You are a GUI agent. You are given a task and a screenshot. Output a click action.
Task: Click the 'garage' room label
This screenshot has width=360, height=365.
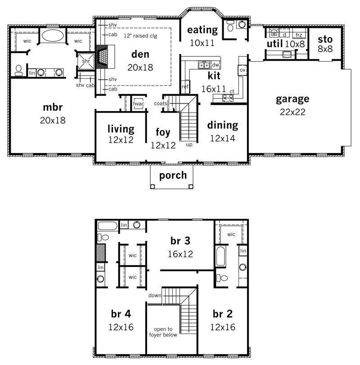pyautogui.click(x=292, y=99)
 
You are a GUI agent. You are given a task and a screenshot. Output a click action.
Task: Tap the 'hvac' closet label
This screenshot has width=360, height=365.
pyautogui.click(x=139, y=104)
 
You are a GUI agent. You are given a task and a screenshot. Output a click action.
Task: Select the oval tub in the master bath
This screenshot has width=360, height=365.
pyautogui.click(x=53, y=36)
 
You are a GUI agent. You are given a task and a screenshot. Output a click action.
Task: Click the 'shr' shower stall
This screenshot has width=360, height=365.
pyautogui.click(x=86, y=61)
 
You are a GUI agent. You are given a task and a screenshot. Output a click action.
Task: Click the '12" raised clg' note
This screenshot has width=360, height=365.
pyautogui.click(x=140, y=36)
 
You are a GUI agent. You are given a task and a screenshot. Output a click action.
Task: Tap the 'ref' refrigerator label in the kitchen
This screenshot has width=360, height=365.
pyautogui.click(x=185, y=86)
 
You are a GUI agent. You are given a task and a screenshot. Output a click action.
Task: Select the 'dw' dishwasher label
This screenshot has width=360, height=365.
pyautogui.click(x=216, y=65)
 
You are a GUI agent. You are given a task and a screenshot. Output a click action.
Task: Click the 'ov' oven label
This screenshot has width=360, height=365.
pyautogui.click(x=243, y=70)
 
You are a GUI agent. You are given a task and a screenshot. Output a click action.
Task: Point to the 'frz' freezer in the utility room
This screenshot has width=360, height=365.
pyautogui.click(x=299, y=35)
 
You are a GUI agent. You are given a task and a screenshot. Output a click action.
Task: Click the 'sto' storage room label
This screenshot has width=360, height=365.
pyautogui.click(x=325, y=40)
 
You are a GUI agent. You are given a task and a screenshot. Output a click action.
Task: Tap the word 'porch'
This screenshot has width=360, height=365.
pyautogui.click(x=173, y=176)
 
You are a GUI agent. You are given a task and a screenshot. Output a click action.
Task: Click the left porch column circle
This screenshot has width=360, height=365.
pyautogui.click(x=153, y=186)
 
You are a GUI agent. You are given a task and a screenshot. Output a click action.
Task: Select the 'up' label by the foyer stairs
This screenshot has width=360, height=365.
pyautogui.click(x=189, y=145)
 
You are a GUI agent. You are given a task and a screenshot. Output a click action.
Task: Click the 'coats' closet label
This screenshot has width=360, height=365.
pyautogui.click(x=161, y=104)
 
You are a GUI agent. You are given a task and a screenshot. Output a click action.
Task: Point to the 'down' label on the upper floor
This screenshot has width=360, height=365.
pyautogui.click(x=155, y=295)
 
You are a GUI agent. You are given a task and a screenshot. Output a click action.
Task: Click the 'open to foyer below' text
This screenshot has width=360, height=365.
pyautogui.click(x=163, y=332)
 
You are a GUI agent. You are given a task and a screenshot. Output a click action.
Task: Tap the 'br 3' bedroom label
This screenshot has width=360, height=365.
pyautogui.click(x=180, y=241)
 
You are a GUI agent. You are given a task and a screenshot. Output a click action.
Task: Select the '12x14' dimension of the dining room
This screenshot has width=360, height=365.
pyautogui.click(x=223, y=139)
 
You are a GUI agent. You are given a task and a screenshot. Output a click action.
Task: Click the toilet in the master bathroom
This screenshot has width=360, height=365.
pyautogui.click(x=18, y=70)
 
